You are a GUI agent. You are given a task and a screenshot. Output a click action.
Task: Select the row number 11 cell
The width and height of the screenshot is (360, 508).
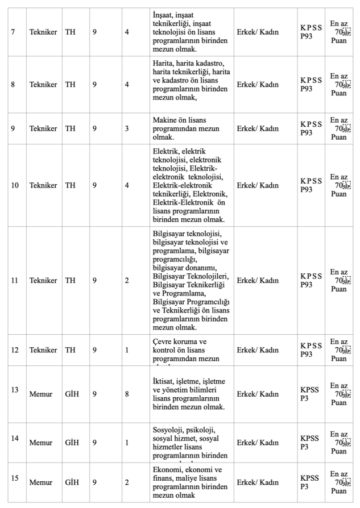pos(15,280)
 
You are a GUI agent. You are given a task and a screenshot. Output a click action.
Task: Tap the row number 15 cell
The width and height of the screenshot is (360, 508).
pos(15,478)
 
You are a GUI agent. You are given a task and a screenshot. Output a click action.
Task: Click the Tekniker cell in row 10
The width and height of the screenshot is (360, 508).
pos(43,185)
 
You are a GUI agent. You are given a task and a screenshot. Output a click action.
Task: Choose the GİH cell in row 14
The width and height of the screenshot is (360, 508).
pos(72,441)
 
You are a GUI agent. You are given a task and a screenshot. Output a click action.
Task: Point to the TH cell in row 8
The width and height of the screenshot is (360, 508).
pos(70,84)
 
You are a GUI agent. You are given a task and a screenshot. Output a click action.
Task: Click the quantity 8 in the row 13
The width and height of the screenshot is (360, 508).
pos(127,394)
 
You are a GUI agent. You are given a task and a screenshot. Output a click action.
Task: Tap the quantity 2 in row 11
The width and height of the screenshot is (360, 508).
pos(127,280)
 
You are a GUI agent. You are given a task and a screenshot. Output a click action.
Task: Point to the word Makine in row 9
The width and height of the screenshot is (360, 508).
pos(166,120)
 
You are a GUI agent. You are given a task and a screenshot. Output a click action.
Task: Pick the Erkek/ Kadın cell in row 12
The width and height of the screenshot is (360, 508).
pos(258,350)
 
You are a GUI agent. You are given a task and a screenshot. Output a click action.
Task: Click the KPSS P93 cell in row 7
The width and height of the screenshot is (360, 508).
pos(311,32)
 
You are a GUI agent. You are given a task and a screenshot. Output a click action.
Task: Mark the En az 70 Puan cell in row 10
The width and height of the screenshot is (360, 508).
pos(339,185)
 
